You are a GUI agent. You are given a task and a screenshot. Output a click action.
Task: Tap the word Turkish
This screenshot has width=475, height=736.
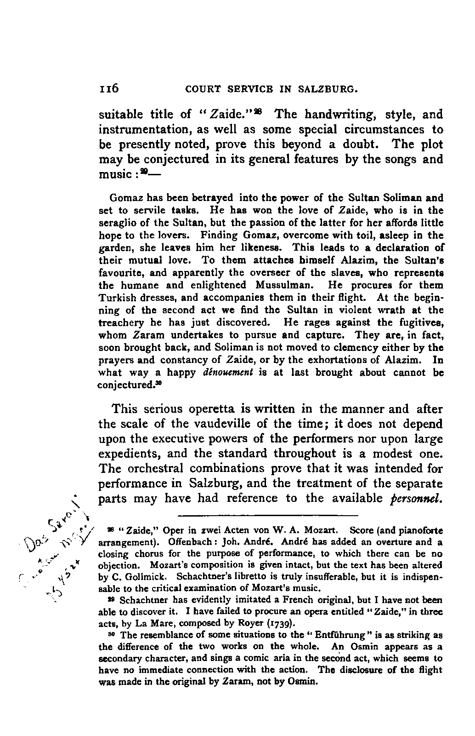(116, 298)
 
